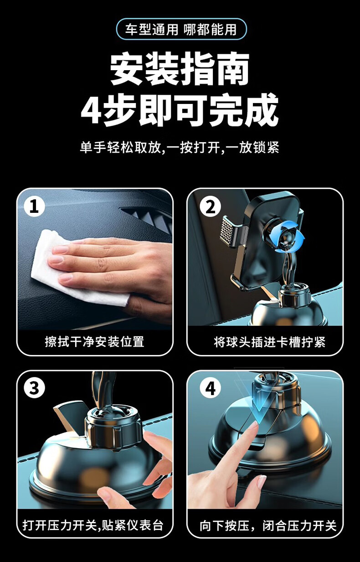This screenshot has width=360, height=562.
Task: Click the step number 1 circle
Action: (34, 206)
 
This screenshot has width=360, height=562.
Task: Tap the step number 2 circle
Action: (210, 207)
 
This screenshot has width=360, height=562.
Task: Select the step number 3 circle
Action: (34, 388)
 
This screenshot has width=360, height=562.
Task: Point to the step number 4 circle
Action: (210, 389)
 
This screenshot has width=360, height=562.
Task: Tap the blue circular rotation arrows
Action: (287, 237)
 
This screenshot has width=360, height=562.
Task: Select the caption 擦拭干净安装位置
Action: (95, 342)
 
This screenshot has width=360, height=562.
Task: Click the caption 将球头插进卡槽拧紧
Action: (270, 342)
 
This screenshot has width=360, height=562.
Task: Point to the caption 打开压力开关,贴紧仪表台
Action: (93, 523)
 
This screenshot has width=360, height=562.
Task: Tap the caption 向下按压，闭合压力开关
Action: (268, 524)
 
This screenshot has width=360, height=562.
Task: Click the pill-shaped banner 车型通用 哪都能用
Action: (181, 29)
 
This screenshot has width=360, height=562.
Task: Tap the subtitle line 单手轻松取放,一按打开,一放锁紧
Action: (180, 147)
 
